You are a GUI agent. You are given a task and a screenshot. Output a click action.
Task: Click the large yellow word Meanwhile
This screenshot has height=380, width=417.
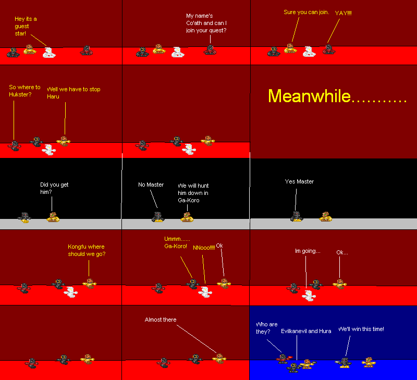tap(336, 96)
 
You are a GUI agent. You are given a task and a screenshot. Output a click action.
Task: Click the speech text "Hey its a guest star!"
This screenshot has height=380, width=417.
tap(26, 26)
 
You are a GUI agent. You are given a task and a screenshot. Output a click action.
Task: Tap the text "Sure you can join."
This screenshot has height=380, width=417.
tap(306, 12)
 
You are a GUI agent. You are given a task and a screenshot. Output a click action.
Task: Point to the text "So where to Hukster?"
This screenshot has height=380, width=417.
tap(24, 91)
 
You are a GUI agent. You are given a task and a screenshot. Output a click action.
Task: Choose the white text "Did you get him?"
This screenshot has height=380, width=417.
tap(54, 188)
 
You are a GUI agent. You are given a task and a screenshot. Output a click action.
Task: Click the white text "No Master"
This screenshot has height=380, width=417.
tap(151, 185)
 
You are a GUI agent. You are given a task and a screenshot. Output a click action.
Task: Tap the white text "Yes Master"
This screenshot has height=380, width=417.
tap(299, 181)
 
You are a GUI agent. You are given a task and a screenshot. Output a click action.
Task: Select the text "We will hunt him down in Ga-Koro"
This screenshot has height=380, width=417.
tap(193, 193)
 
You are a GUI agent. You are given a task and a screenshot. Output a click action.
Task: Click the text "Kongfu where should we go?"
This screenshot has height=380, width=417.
tap(86, 250)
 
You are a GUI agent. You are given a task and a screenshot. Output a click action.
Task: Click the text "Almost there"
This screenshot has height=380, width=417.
tap(161, 320)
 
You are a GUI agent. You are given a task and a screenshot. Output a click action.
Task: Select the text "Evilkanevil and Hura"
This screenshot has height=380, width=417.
tap(306, 331)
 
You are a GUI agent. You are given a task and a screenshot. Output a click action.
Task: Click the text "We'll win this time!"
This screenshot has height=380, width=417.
tap(361, 329)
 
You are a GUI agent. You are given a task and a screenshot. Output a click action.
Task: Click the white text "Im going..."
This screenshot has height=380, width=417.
tap(308, 251)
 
